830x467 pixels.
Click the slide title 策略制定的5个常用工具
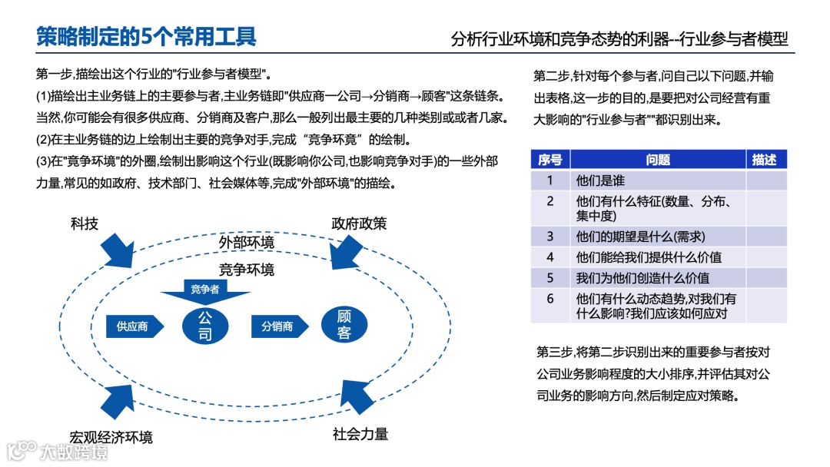click(146, 36)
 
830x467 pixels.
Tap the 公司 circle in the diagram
click(205, 326)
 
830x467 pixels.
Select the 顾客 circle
click(344, 325)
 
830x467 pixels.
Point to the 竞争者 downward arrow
click(205, 291)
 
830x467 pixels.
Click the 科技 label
click(85, 224)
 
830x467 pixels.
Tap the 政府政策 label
click(359, 224)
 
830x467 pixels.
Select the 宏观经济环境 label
click(111, 436)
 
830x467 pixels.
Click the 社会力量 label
click(360, 434)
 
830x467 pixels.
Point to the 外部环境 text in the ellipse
click(246, 243)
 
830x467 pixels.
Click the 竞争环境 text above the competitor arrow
click(246, 270)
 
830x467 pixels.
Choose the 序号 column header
click(549, 160)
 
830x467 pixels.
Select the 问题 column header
click(658, 160)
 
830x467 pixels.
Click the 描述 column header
click(765, 160)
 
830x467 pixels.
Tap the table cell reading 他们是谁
click(600, 181)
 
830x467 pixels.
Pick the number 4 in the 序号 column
click(550, 257)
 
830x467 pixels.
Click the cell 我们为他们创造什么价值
click(642, 278)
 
